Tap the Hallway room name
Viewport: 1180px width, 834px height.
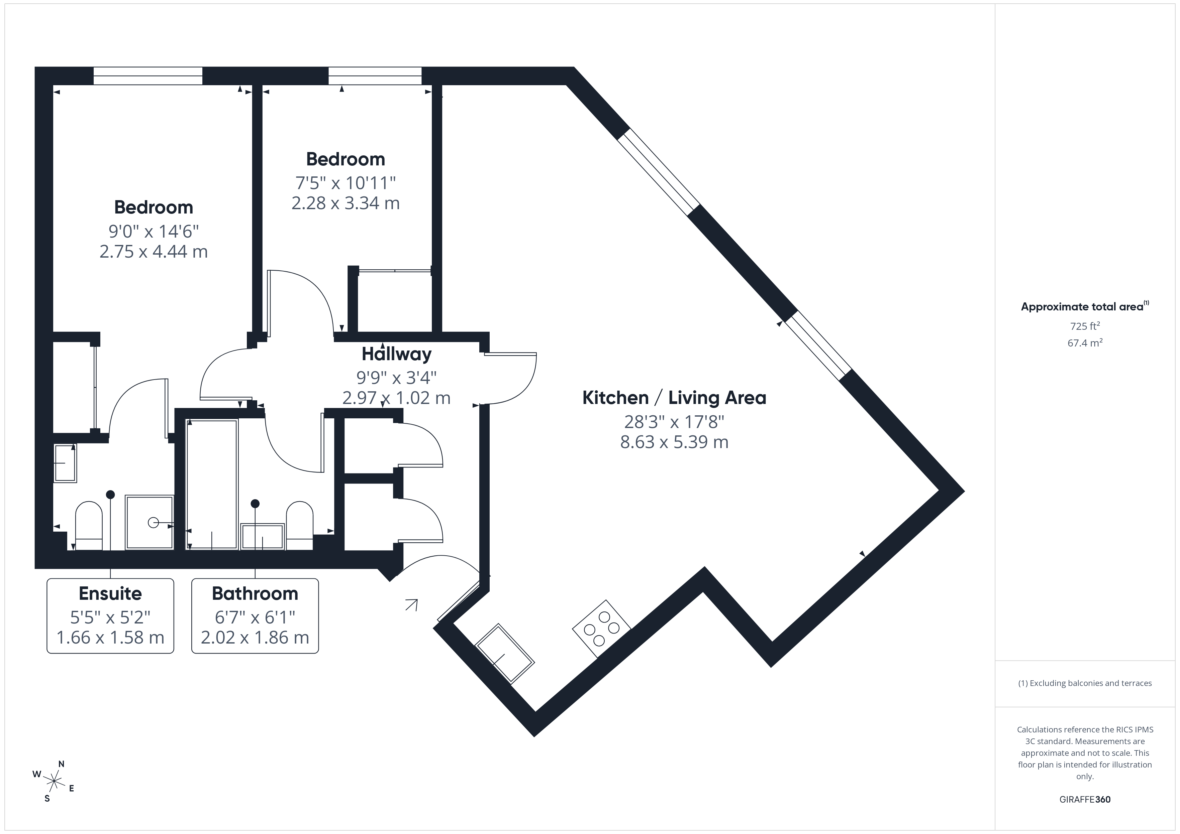tap(396, 354)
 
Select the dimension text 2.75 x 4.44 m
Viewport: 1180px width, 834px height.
tap(153, 252)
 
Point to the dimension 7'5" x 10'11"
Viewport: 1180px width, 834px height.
tap(346, 182)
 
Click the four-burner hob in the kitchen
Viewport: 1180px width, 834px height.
tap(601, 629)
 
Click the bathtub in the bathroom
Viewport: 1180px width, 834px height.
tap(212, 484)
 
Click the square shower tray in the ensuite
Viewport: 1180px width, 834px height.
tap(150, 522)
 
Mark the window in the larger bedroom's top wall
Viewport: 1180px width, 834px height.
tap(148, 76)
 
